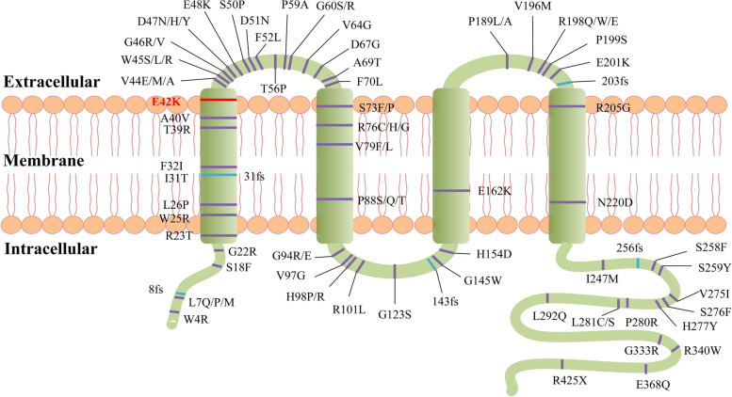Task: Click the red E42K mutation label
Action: pos(166,102)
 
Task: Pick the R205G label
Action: pos(613,107)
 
